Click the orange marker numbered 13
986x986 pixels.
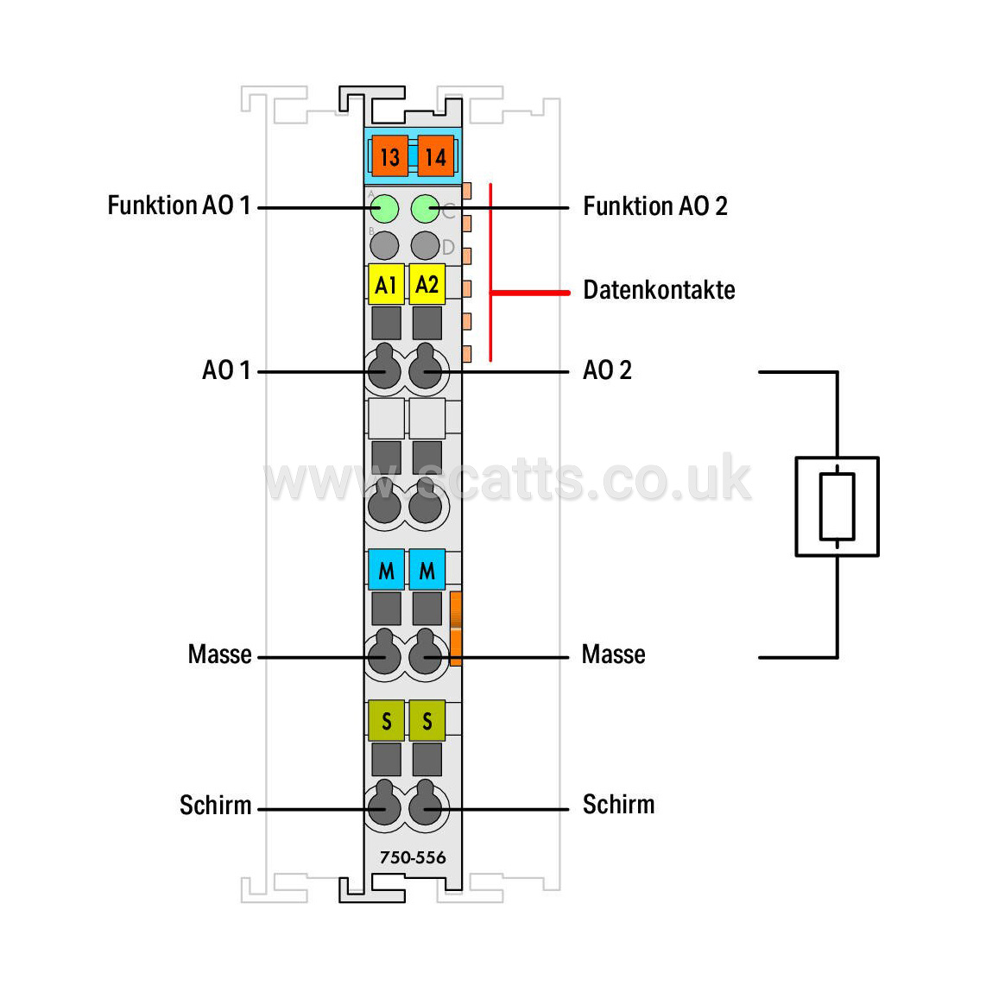point(390,156)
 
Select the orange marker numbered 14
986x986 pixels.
point(436,156)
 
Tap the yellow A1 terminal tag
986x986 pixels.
point(386,284)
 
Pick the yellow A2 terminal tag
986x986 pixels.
point(427,284)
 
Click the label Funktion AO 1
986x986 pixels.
point(180,205)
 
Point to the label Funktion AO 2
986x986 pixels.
point(655,206)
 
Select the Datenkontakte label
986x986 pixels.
point(659,290)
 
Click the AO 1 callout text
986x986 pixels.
point(226,370)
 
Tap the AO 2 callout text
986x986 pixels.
point(607,370)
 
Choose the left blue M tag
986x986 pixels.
point(386,570)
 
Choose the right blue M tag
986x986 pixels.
point(427,570)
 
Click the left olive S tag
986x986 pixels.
point(386,720)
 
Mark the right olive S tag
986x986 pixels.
point(427,720)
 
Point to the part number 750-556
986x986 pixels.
point(413,857)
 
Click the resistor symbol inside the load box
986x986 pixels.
point(837,506)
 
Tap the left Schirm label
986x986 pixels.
point(215,806)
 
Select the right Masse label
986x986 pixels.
point(613,654)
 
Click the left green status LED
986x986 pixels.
point(384,209)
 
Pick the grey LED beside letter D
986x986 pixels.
point(425,245)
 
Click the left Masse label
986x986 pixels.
point(219,654)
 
